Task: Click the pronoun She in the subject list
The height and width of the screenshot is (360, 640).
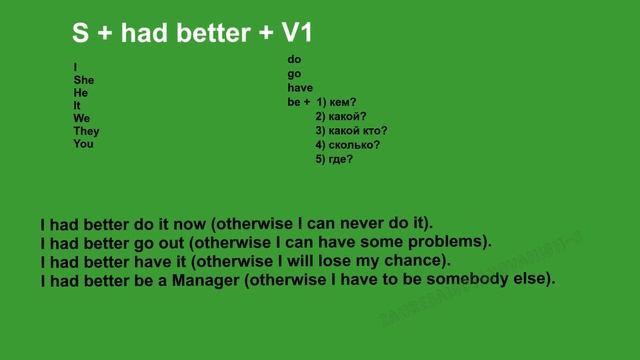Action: coord(83,79)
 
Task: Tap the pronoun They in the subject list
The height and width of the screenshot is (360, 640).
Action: coord(86,131)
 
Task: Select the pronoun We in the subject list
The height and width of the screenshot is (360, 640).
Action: coord(81,118)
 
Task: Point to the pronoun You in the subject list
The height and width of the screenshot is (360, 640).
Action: coord(83,144)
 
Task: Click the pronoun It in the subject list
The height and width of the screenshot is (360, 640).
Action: coord(78,105)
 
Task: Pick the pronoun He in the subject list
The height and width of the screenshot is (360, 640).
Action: coord(80,92)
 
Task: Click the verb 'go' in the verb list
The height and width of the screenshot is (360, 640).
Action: coord(294,74)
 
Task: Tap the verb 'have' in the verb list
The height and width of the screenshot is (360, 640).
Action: coord(299,88)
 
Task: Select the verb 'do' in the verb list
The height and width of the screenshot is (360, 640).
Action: coord(294,60)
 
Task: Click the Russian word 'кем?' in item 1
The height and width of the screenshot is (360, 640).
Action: coord(344,102)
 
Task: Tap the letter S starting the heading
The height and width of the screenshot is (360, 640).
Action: coord(80,33)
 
